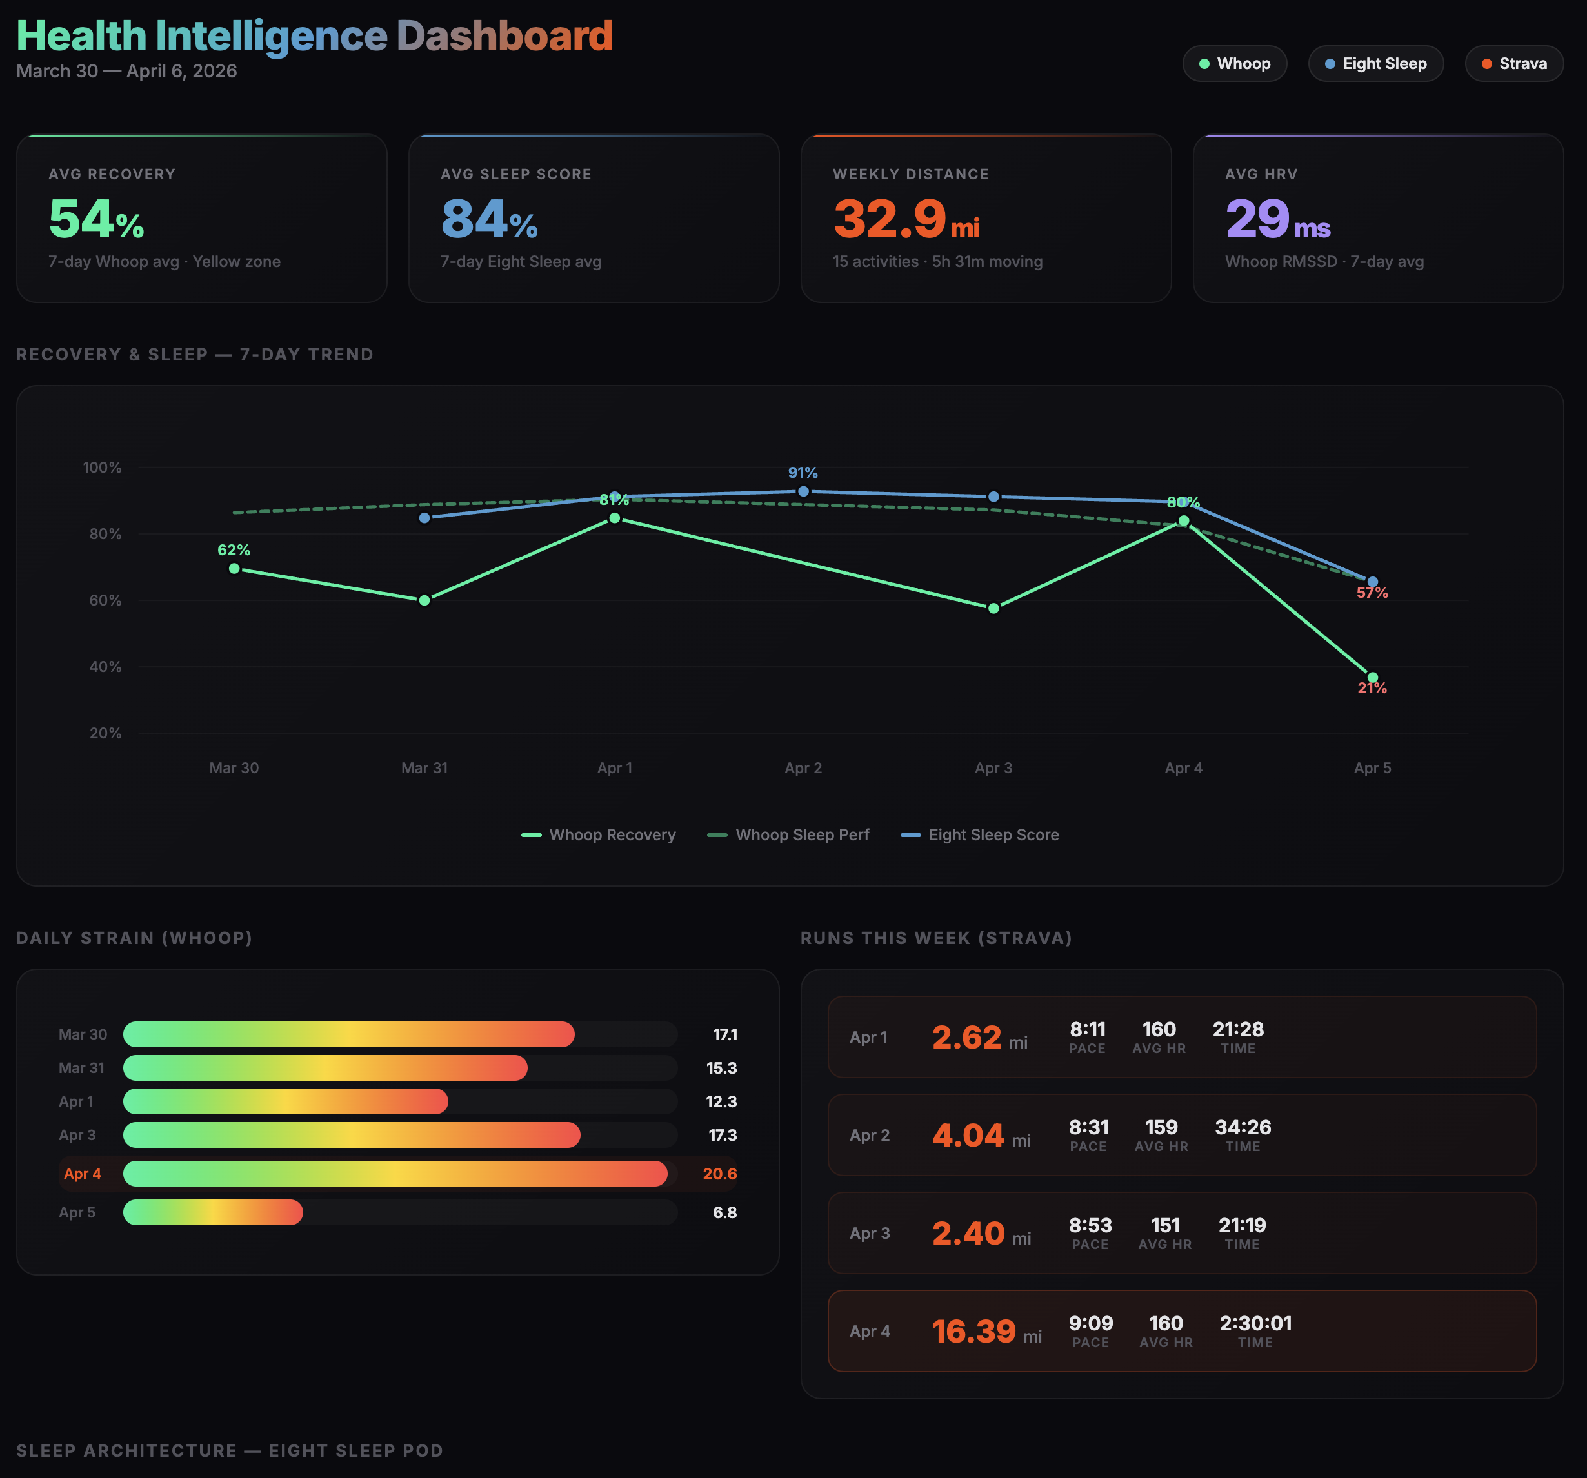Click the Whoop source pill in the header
click(1234, 64)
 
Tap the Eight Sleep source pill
click(1375, 64)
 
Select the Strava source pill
click(1513, 64)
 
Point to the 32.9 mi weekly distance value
click(905, 219)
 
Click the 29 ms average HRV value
click(1277, 219)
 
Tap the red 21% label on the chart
click(1372, 689)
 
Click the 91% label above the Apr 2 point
click(803, 473)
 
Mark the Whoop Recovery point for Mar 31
click(424, 600)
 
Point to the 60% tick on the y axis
click(105, 600)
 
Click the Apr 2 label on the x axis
click(803, 768)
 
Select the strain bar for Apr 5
click(213, 1212)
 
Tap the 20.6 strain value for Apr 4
click(719, 1174)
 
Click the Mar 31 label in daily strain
click(81, 1068)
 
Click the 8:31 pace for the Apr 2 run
click(1088, 1128)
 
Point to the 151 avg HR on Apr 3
click(1164, 1225)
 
